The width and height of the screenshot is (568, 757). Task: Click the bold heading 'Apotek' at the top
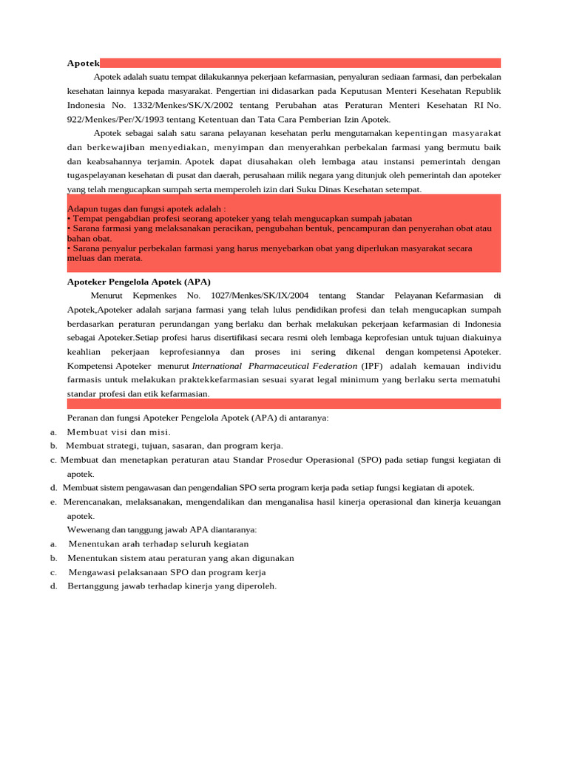click(x=83, y=64)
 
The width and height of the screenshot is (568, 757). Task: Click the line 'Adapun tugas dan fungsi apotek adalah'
click(x=146, y=209)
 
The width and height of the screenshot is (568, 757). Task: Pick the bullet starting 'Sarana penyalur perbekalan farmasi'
click(x=269, y=249)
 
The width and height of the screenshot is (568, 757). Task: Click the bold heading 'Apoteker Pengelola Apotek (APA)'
click(x=139, y=282)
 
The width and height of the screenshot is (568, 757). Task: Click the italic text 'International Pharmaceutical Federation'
click(x=274, y=366)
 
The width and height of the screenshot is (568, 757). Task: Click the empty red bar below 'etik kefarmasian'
click(x=283, y=404)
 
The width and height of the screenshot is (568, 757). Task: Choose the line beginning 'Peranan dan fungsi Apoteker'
click(x=197, y=418)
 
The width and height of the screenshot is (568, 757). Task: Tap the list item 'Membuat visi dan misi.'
click(x=118, y=432)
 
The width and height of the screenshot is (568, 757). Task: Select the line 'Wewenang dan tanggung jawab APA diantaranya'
click(x=162, y=530)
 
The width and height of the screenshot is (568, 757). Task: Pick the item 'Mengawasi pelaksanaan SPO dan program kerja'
click(x=167, y=572)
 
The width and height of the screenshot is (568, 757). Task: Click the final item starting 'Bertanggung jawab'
click(x=172, y=586)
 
